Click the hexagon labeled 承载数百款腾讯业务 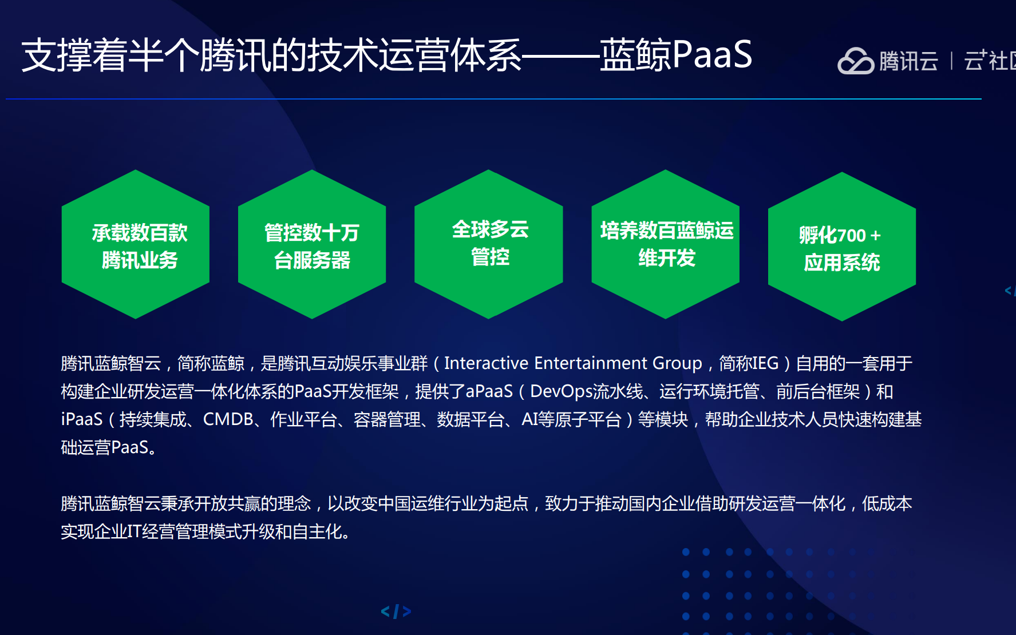click(x=136, y=244)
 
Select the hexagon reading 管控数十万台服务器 click(x=312, y=244)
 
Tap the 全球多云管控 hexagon click(x=489, y=244)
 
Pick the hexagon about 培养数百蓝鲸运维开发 click(x=666, y=244)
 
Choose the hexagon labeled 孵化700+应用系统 click(x=842, y=247)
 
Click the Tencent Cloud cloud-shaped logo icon click(x=856, y=61)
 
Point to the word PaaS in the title click(x=712, y=54)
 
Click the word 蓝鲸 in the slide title click(x=636, y=55)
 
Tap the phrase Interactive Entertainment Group click(x=573, y=363)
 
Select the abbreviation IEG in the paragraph click(x=765, y=363)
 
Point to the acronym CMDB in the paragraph click(x=228, y=419)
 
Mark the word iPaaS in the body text click(x=82, y=419)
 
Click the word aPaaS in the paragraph click(x=489, y=391)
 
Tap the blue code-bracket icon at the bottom click(x=396, y=612)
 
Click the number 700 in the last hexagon click(x=852, y=235)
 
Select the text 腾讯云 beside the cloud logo click(x=908, y=61)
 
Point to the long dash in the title click(x=561, y=55)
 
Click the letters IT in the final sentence click(x=134, y=531)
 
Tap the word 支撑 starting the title click(x=57, y=55)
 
